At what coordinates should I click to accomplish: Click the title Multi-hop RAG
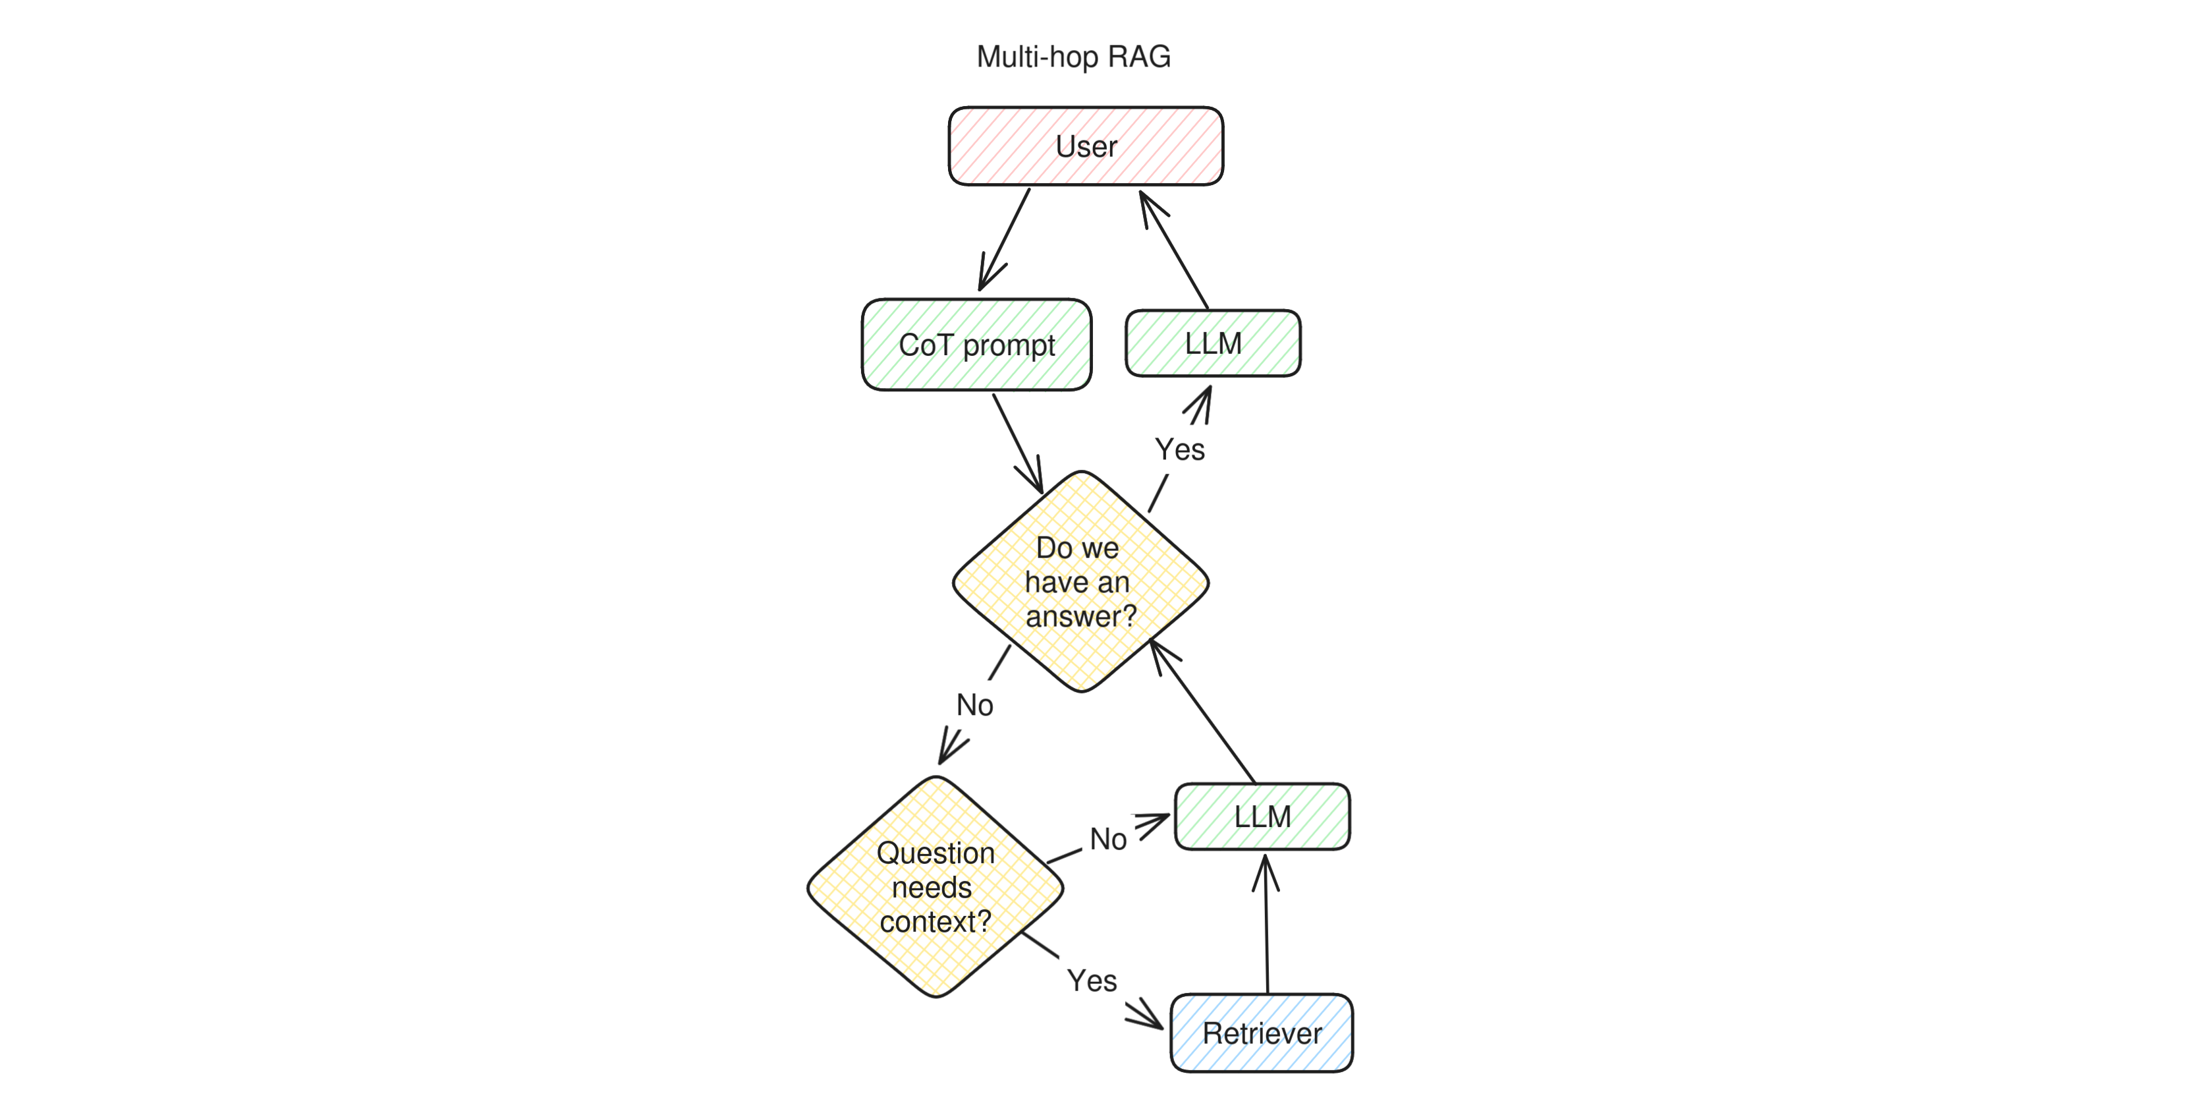click(x=1073, y=57)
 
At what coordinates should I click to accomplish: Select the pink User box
click(x=1086, y=146)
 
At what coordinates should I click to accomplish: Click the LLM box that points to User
click(x=1212, y=343)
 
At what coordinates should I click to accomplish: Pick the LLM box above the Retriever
click(x=1262, y=816)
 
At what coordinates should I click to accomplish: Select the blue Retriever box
click(x=1261, y=1033)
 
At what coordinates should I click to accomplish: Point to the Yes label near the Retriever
click(x=1092, y=981)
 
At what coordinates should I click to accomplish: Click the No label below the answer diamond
click(x=974, y=704)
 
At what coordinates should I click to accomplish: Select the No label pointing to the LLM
click(x=1108, y=839)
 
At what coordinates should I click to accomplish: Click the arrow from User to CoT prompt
click(x=1005, y=239)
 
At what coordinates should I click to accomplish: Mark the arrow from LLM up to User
click(x=1175, y=250)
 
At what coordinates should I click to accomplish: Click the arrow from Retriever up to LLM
click(x=1266, y=926)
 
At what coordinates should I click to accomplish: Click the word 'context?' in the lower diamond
click(x=935, y=921)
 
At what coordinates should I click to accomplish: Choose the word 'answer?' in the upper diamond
click(x=1080, y=616)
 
